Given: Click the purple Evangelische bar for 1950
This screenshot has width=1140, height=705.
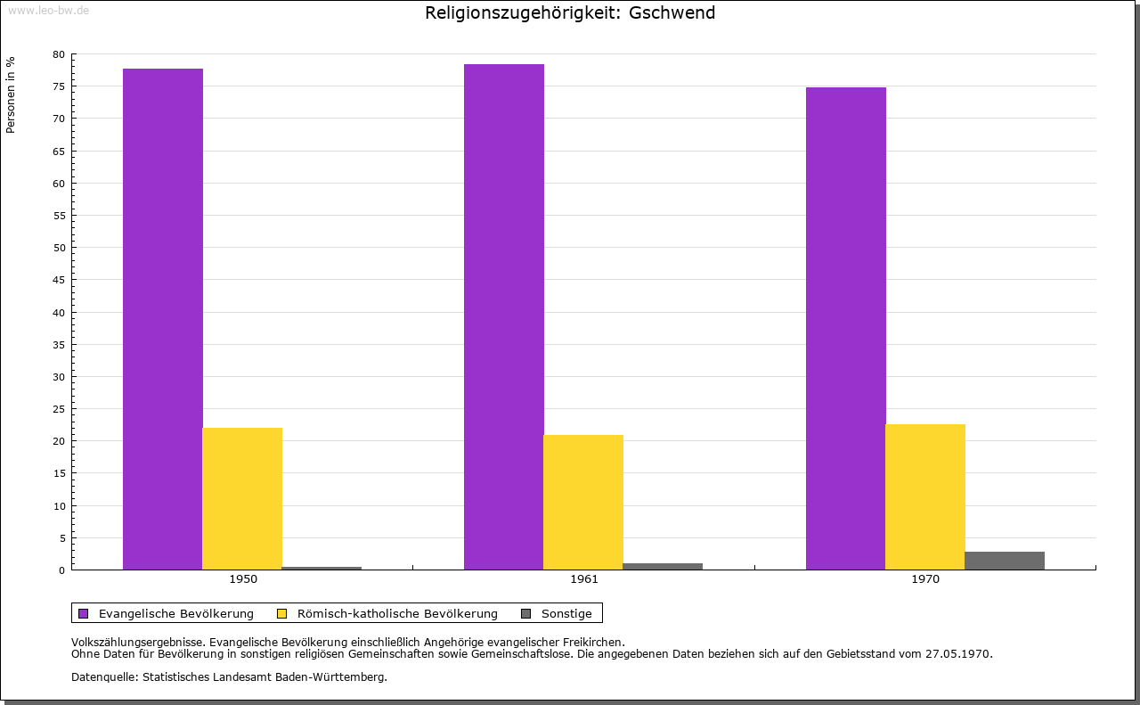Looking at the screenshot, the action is (163, 319).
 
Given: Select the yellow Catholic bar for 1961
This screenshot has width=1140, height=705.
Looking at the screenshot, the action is (583, 503).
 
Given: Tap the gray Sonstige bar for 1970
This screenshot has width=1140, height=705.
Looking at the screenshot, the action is (1004, 561).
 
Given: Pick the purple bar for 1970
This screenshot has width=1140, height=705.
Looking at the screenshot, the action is (846, 329).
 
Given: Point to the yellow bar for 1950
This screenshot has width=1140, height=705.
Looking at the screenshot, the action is (242, 499).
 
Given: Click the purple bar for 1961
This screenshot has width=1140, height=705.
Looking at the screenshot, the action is (504, 316).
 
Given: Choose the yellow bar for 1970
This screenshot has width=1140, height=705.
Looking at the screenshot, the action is (925, 496).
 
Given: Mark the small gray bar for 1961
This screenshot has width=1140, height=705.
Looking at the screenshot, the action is (663, 567).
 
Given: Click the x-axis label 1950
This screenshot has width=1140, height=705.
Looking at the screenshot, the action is (243, 579).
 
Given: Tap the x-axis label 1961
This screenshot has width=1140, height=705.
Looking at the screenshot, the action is (583, 579).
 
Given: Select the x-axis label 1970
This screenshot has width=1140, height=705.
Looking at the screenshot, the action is (925, 579).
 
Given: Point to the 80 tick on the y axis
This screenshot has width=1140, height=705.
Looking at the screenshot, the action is (59, 54).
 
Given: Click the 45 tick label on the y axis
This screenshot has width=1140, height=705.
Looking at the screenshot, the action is (59, 280).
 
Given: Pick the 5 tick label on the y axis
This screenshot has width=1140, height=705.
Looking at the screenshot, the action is (62, 538).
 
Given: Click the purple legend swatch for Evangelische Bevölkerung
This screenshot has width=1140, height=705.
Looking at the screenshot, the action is (84, 614).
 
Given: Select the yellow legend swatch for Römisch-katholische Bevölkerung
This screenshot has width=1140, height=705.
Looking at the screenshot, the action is (282, 614).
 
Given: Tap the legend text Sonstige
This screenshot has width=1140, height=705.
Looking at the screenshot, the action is (566, 614).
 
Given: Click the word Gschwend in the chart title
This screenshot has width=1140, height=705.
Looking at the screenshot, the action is (672, 12).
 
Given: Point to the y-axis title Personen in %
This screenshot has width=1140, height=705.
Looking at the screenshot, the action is (11, 94).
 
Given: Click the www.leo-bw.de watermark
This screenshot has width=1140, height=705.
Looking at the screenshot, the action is (48, 10).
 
